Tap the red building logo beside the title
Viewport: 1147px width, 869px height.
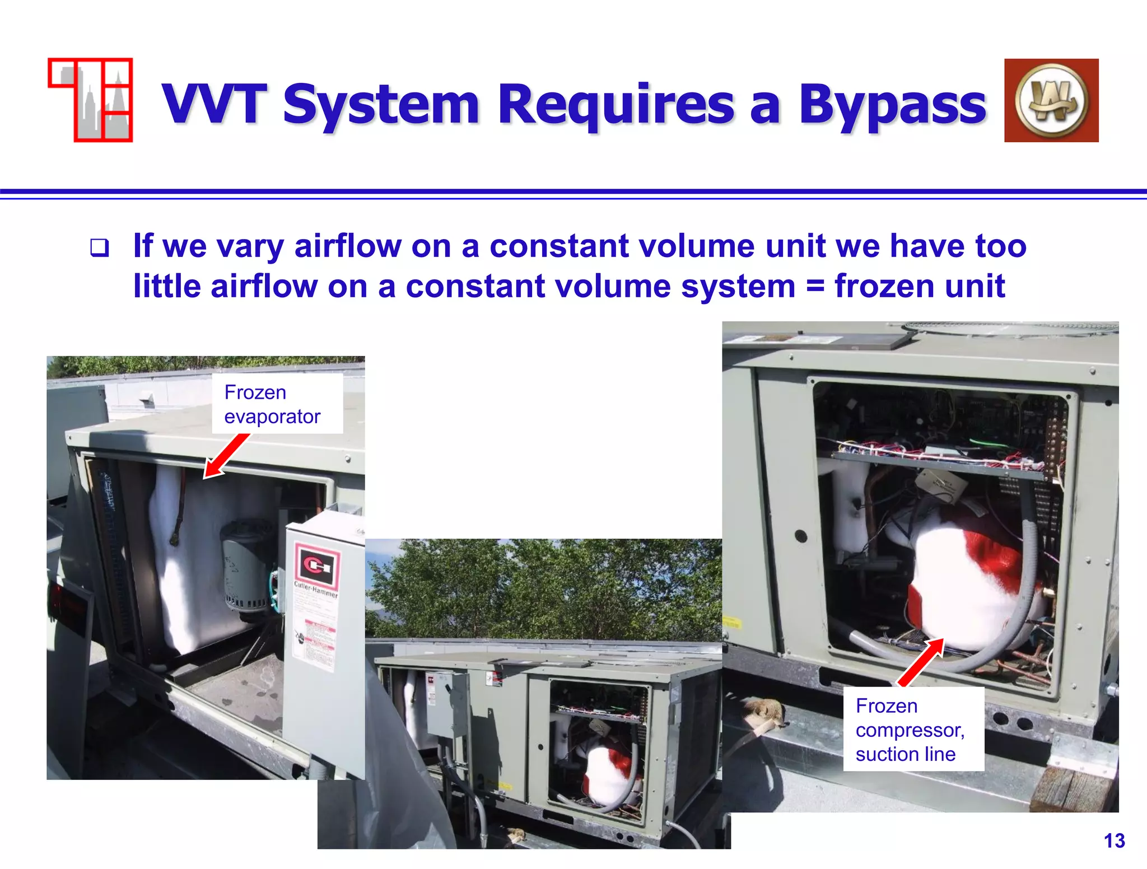tap(91, 100)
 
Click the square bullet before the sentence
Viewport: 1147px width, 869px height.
tap(100, 247)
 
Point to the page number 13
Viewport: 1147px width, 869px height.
tap(1113, 840)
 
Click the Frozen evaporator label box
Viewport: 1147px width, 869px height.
tap(277, 404)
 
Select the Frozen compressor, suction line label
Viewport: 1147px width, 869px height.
tap(913, 729)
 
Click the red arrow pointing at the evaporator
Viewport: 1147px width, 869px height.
tap(226, 456)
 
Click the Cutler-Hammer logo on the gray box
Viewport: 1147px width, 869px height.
tap(317, 566)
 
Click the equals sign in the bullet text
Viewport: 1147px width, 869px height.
tap(815, 287)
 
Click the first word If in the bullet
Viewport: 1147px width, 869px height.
tap(143, 246)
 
